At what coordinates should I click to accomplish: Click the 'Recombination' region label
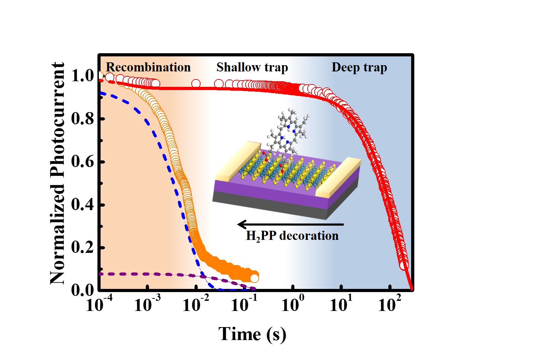click(148, 67)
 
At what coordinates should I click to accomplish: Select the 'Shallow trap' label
click(252, 67)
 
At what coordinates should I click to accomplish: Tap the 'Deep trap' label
click(359, 67)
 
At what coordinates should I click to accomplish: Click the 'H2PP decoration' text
click(292, 236)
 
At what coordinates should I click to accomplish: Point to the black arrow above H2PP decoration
click(290, 224)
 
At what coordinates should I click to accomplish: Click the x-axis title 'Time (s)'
click(252, 334)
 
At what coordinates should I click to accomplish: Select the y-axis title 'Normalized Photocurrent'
click(57, 173)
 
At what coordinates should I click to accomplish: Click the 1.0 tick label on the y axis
click(83, 76)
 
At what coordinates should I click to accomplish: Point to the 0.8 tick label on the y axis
click(83, 119)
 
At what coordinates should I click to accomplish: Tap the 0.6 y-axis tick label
click(83, 161)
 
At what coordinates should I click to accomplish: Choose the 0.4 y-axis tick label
click(83, 205)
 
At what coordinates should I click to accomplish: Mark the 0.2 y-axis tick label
click(83, 248)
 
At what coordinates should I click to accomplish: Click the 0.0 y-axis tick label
click(83, 290)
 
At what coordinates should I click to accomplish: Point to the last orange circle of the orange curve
click(254, 278)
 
